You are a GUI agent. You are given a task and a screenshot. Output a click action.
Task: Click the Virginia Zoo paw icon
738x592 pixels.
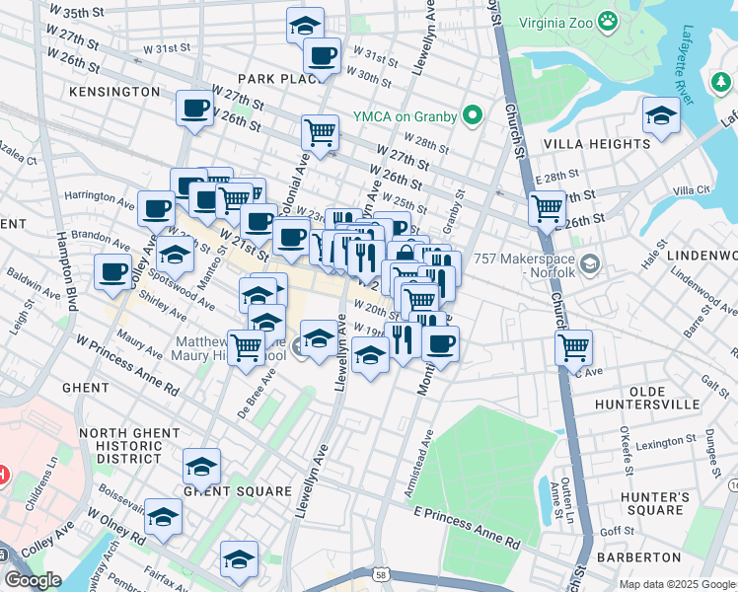click(x=611, y=21)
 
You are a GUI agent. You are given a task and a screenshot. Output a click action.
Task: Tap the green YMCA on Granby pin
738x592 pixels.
click(x=473, y=116)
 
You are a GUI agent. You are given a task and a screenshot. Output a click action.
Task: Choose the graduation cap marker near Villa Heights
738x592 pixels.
click(x=661, y=115)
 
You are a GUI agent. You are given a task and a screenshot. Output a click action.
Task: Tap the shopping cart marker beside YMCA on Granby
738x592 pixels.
click(x=320, y=131)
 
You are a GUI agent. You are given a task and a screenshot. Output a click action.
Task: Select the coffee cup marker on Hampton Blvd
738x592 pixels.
click(x=113, y=270)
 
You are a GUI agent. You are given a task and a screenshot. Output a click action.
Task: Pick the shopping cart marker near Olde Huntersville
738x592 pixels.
click(x=573, y=346)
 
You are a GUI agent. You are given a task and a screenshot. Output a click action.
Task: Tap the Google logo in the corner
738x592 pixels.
click(x=33, y=580)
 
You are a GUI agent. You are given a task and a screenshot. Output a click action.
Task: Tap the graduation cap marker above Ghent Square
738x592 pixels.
click(x=202, y=465)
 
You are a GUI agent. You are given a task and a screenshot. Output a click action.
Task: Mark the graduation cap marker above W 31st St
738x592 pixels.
click(x=306, y=24)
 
